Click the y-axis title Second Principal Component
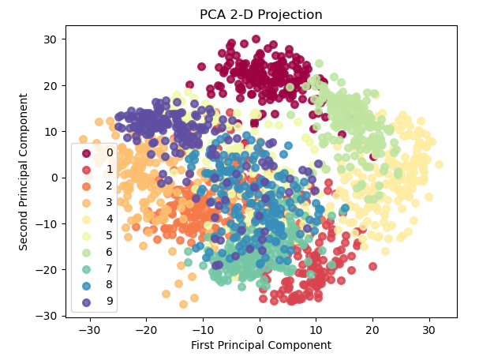(x=24, y=171)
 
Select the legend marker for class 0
(x=87, y=152)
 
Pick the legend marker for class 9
(x=87, y=302)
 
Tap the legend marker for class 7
(x=87, y=268)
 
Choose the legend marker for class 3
(x=87, y=202)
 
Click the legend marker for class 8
(x=87, y=285)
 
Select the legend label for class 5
(x=110, y=235)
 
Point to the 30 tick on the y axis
(x=59, y=39)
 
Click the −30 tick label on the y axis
(x=48, y=316)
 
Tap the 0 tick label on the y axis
(x=52, y=178)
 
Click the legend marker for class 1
(x=87, y=169)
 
